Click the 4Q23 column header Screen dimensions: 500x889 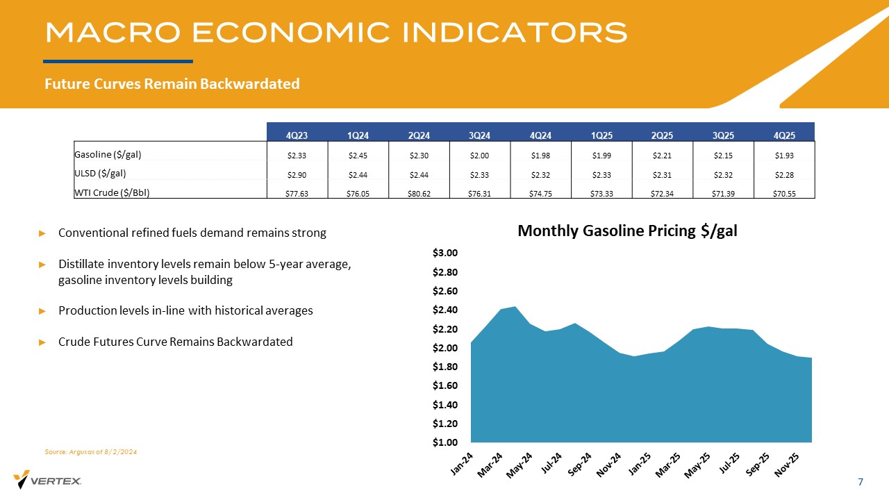click(x=297, y=135)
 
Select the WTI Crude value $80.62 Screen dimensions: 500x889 click(x=419, y=194)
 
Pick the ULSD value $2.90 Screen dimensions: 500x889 click(x=297, y=174)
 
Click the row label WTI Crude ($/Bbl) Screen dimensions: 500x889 click(x=112, y=192)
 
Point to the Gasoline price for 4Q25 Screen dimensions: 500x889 click(x=784, y=154)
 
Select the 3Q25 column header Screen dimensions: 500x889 click(x=723, y=135)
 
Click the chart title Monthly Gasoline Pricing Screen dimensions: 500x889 click(x=627, y=232)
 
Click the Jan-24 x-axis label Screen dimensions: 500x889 click(x=463, y=463)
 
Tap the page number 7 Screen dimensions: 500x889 click(x=861, y=482)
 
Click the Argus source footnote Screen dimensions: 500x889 click(x=91, y=452)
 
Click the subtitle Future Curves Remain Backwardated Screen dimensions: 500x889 click(x=172, y=84)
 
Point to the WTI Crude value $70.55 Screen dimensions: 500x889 click(x=784, y=194)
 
